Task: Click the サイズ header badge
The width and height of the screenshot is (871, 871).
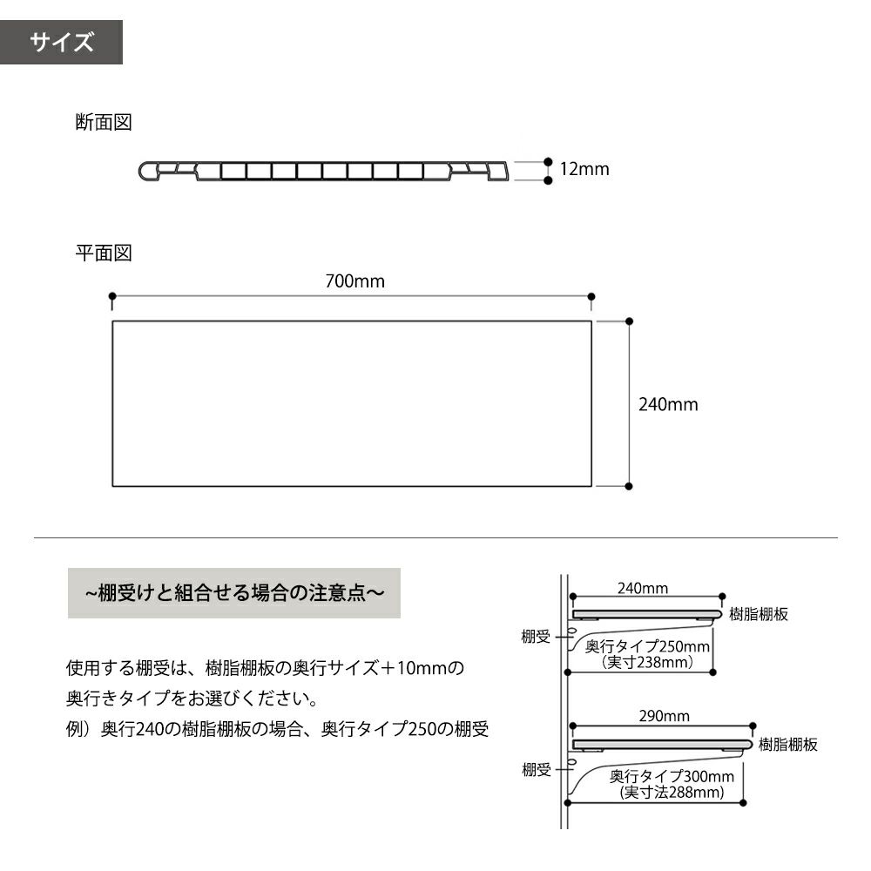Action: pos(61,42)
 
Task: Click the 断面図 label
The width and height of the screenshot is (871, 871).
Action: pos(104,122)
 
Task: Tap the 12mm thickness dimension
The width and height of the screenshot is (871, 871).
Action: pos(584,169)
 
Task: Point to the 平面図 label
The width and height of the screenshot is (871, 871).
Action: pos(104,253)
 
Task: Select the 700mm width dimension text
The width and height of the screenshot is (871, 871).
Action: pos(355,281)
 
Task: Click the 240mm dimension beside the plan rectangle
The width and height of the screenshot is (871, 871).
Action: pos(668,404)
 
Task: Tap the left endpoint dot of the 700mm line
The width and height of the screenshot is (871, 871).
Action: pos(112,296)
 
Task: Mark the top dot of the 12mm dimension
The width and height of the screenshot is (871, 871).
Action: pos(548,162)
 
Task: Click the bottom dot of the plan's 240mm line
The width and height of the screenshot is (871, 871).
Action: pos(629,486)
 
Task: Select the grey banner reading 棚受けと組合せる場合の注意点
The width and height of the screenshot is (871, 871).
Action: pos(233,592)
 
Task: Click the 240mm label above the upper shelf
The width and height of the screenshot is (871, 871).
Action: pos(643,588)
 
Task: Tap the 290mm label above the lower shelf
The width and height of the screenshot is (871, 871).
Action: pos(665,716)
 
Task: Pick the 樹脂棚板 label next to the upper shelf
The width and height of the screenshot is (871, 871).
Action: pos(759,614)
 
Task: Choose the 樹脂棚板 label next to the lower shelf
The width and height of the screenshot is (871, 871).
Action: pos(788,745)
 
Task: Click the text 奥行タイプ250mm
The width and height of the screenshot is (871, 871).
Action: pos(647,646)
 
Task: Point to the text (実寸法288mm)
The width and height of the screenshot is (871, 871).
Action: pos(672,792)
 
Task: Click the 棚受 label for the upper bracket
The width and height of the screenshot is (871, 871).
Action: pos(536,637)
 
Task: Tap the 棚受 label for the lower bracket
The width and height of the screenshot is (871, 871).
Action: pos(537,770)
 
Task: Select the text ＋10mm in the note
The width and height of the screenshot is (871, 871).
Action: pos(413,667)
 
